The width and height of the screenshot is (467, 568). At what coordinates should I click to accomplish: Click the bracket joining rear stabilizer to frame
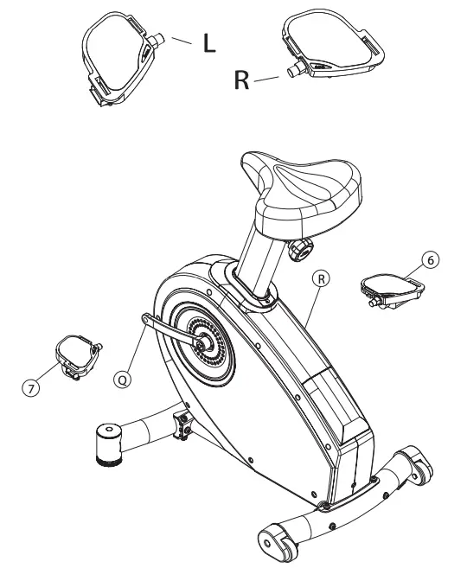(183, 424)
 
